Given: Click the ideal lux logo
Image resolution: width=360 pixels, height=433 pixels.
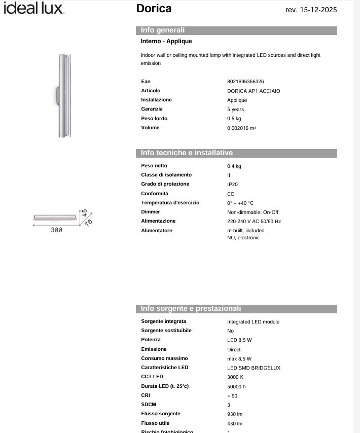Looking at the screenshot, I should (x=33, y=8).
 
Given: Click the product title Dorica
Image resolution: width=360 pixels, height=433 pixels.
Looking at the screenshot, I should (x=154, y=9).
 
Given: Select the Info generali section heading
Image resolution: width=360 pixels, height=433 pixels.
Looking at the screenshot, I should (x=163, y=30).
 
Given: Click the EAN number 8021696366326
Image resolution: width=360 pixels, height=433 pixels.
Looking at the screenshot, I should (x=245, y=82).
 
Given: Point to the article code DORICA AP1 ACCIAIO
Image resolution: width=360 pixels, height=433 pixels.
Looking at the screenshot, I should (x=254, y=91).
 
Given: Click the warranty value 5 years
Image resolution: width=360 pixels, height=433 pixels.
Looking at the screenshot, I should (x=235, y=110).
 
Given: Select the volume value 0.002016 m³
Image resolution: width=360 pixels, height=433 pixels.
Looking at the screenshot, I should (x=241, y=128).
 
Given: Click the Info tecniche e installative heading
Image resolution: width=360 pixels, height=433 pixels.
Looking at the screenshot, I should (x=187, y=153).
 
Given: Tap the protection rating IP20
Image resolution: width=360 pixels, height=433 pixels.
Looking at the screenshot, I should (x=232, y=185).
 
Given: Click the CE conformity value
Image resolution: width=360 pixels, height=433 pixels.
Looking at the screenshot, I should (x=231, y=194).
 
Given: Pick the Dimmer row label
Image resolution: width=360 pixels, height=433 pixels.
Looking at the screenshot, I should (x=151, y=212).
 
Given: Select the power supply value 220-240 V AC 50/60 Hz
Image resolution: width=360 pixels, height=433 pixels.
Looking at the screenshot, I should (x=254, y=222).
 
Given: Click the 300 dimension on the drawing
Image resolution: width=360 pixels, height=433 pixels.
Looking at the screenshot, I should (x=56, y=230).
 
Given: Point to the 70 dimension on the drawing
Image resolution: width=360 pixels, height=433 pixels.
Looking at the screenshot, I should (x=88, y=222).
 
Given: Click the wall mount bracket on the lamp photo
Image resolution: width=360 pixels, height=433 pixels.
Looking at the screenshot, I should (x=57, y=95).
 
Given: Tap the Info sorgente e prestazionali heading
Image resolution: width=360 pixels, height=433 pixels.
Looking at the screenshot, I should (x=191, y=309).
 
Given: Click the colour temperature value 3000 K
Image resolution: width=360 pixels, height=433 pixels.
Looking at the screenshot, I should (x=235, y=377).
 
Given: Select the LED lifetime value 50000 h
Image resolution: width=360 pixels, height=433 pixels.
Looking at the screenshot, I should (x=236, y=387).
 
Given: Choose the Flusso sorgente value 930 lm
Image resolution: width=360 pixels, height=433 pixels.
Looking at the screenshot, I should (x=235, y=414).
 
